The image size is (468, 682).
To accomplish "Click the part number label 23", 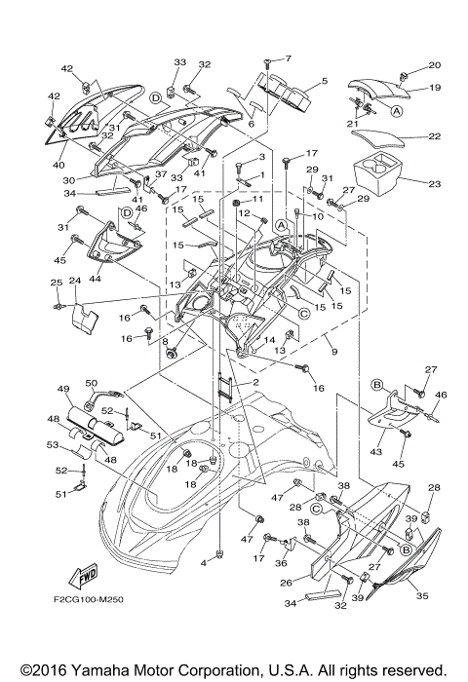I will (x=434, y=184).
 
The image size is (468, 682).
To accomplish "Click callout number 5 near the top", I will (x=324, y=81).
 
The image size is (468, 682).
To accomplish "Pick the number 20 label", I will (x=434, y=65).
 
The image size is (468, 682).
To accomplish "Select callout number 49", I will (x=65, y=390).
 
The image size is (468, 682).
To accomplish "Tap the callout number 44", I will (x=95, y=279).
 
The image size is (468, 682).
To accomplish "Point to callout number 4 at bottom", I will (x=205, y=563).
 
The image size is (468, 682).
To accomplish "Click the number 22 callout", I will (x=434, y=136).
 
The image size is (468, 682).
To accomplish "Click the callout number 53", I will (x=52, y=445).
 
